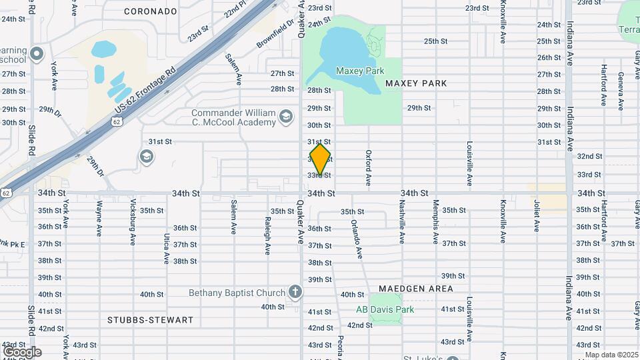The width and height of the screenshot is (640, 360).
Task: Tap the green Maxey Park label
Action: coord(360,71)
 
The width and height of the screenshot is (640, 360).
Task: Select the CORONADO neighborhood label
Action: coord(151,11)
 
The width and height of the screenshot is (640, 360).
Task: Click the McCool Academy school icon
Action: coord(286,117)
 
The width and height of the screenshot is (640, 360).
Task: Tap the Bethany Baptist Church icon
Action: coord(295,292)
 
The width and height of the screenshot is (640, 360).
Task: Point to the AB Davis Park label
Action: coord(385,309)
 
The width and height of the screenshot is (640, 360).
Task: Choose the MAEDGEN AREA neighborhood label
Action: coord(416,289)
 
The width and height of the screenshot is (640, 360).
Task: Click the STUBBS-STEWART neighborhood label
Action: coord(150,320)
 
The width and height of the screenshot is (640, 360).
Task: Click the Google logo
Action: coord(22,352)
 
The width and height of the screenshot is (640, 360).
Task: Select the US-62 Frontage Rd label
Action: coord(145,89)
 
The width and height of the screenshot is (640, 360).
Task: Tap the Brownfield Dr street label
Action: coord(275,34)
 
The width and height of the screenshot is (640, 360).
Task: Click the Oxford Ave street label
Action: coord(368,167)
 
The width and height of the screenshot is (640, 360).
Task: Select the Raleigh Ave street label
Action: coord(267,235)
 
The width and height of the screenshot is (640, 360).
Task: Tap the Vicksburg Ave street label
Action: coord(133,227)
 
